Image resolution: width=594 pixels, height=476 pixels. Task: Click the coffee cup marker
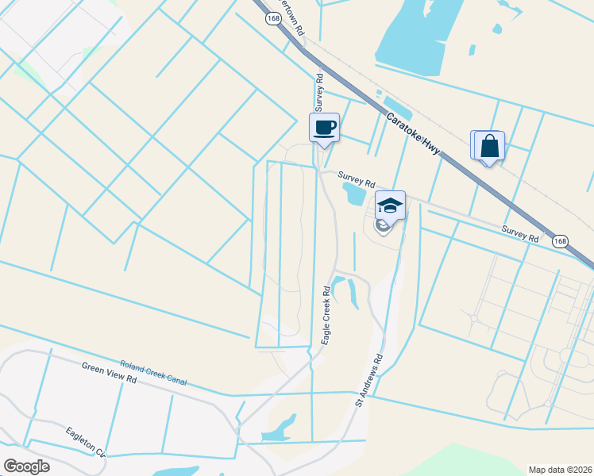[324, 127]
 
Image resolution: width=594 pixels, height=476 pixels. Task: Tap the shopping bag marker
[489, 146]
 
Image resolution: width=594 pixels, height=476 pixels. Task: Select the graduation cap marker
[390, 205]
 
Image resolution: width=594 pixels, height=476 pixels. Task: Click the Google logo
[26, 466]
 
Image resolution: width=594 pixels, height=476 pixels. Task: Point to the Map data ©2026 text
[561, 468]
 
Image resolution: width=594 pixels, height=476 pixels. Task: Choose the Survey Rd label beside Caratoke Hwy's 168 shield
[520, 233]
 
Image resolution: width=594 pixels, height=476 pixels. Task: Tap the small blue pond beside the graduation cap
[353, 193]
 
